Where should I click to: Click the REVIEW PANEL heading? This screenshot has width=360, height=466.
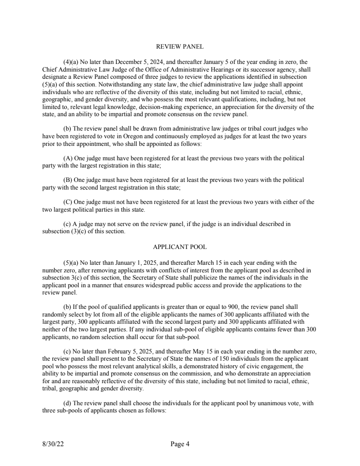180,46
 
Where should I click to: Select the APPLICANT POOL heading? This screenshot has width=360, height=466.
180,247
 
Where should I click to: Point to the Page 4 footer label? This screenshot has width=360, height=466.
180,444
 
